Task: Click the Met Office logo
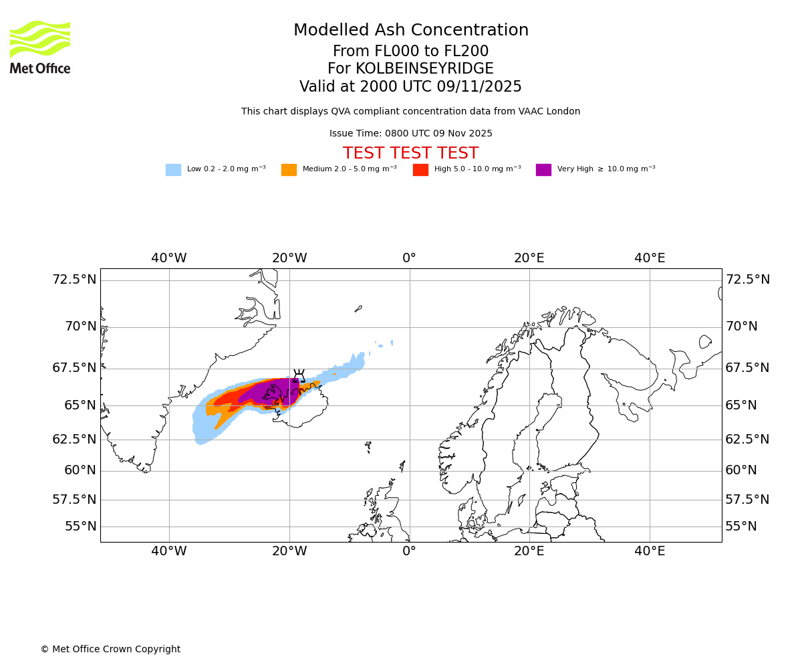tap(40, 47)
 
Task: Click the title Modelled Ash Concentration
tap(411, 30)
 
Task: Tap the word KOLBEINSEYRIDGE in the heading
tap(424, 69)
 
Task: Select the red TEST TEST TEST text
tap(410, 153)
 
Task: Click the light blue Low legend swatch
tap(173, 169)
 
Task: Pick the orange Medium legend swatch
tap(289, 169)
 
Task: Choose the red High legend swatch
tap(420, 169)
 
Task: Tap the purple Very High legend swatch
tap(543, 169)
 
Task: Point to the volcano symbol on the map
tap(299, 375)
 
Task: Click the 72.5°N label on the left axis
tap(75, 279)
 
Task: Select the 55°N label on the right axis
tap(741, 526)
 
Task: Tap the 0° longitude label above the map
tap(409, 258)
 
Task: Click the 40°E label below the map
tap(650, 551)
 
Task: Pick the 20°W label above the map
tap(289, 258)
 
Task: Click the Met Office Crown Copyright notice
tap(110, 649)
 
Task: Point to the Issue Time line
tap(410, 133)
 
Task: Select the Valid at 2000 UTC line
tap(410, 86)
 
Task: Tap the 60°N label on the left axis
tap(80, 470)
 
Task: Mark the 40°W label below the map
tap(169, 551)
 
